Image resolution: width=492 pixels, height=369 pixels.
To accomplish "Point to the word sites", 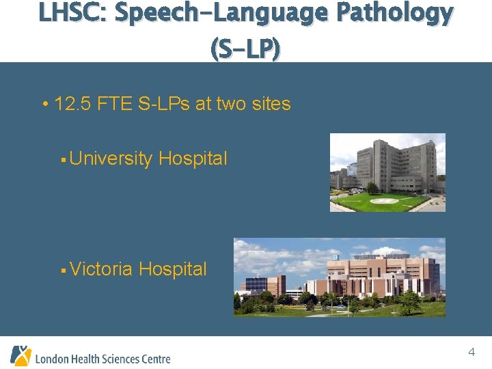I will point(269,105).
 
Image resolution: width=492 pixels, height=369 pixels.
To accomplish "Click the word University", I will point(111,159).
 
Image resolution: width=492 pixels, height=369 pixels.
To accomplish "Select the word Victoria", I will point(101,269).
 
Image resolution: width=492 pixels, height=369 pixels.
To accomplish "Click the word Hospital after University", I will point(193,159).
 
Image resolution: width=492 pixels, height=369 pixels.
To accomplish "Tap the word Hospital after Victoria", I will point(173,269).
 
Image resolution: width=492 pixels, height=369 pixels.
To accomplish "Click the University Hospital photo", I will point(387,172).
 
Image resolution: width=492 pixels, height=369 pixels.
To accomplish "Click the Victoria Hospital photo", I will point(339,277).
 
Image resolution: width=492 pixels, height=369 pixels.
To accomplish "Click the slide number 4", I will point(471,353).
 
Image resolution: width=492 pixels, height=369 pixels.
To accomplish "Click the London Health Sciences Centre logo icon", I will point(20,355).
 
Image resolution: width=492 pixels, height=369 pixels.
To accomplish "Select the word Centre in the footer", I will point(155,358).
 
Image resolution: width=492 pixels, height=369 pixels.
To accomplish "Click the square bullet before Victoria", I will point(61,271).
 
